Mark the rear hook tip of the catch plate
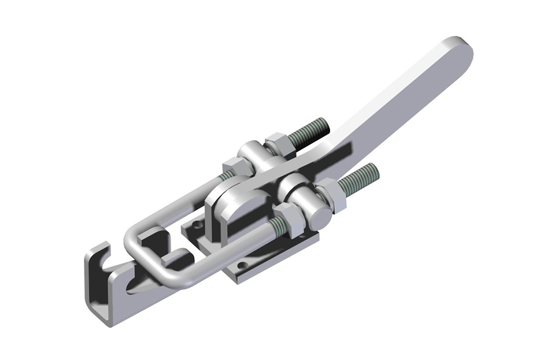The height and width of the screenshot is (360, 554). [x=100, y=249]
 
